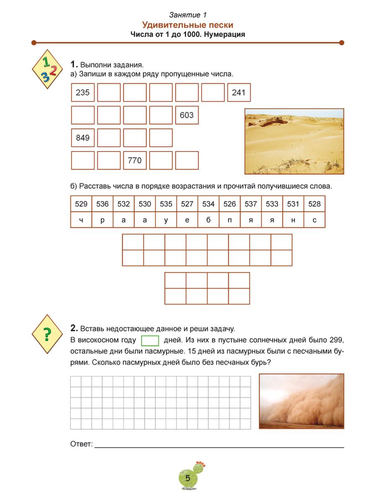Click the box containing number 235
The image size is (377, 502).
click(x=83, y=92)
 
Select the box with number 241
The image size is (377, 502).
click(x=239, y=92)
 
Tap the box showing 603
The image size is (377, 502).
click(x=187, y=115)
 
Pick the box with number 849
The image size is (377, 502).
click(x=83, y=138)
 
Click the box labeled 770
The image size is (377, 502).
click(x=135, y=160)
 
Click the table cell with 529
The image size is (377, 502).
click(x=81, y=204)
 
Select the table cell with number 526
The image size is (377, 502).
click(x=230, y=204)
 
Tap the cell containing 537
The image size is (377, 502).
click(x=251, y=204)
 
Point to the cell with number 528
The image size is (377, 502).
click(x=314, y=204)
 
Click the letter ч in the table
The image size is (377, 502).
click(x=81, y=220)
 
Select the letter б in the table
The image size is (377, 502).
click(x=208, y=220)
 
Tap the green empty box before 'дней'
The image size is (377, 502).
click(x=150, y=341)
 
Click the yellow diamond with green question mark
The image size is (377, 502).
click(x=47, y=333)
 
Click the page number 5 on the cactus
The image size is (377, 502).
click(x=187, y=478)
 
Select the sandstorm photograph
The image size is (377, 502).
click(x=302, y=401)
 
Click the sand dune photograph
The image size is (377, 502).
click(x=294, y=141)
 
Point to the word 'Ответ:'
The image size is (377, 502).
click(x=81, y=444)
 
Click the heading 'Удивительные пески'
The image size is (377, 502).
click(x=188, y=25)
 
